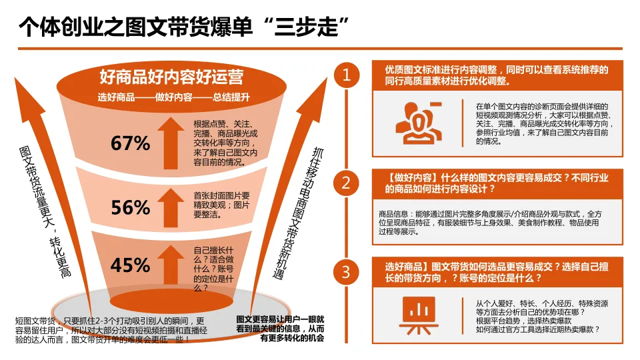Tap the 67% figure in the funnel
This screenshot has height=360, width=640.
click(x=131, y=143)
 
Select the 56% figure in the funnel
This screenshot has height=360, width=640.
click(x=131, y=207)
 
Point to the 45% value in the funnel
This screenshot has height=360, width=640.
click(x=131, y=265)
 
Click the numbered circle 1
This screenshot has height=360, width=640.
click(x=346, y=75)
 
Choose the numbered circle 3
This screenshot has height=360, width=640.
click(x=346, y=271)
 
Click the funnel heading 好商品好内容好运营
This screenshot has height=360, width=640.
click(x=171, y=76)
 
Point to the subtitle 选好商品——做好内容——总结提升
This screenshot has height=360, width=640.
click(x=173, y=97)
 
